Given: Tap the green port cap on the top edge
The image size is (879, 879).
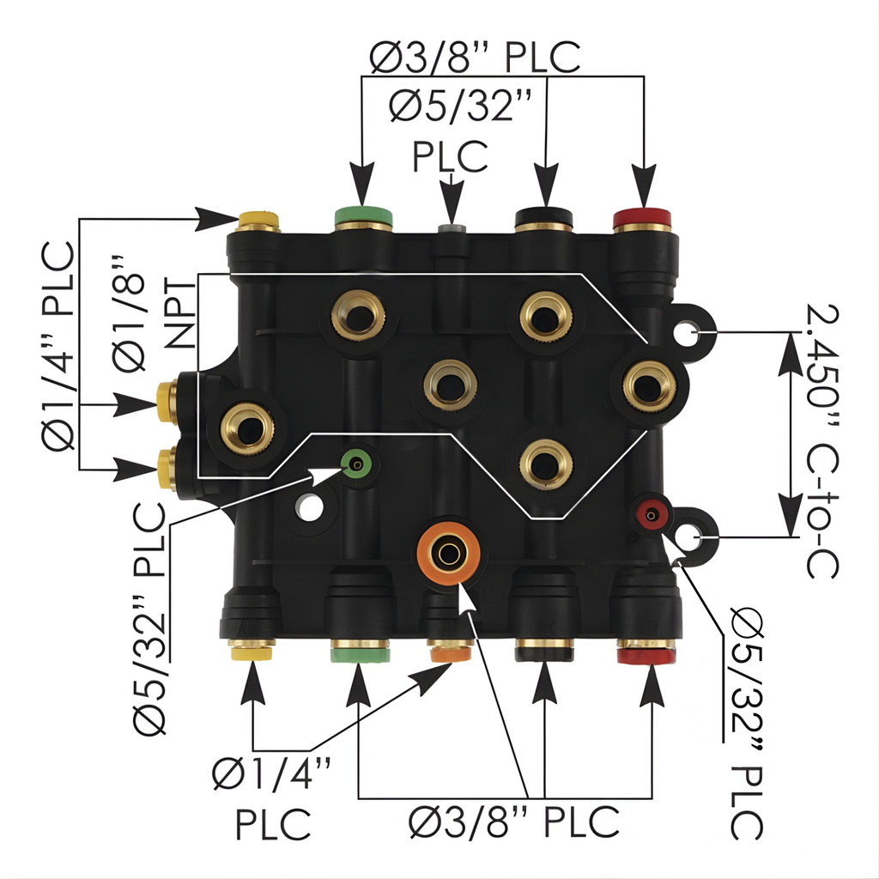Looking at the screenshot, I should click(x=363, y=216).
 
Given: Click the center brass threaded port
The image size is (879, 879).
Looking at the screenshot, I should click(x=449, y=385).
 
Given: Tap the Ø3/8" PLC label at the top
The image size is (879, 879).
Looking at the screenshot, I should click(x=475, y=58).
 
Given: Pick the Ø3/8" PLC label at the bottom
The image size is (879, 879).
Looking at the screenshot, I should click(x=513, y=822).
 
